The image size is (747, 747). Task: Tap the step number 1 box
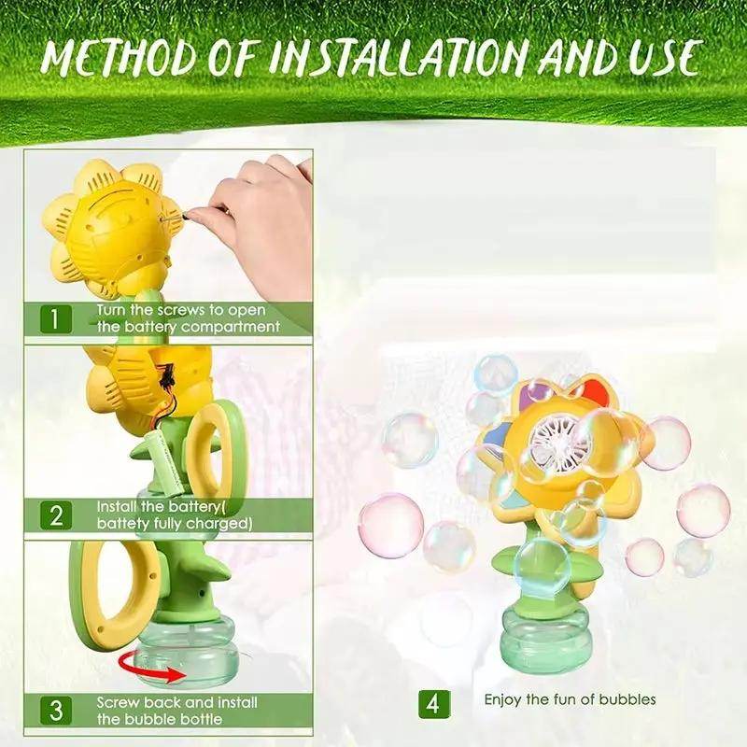tap(55, 319)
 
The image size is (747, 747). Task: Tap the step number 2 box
tap(55, 515)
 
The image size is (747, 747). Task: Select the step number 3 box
tap(55, 711)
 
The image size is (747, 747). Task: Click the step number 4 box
tap(433, 702)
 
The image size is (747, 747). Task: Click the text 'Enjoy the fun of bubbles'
tap(570, 699)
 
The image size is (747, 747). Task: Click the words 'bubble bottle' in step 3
tap(177, 718)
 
